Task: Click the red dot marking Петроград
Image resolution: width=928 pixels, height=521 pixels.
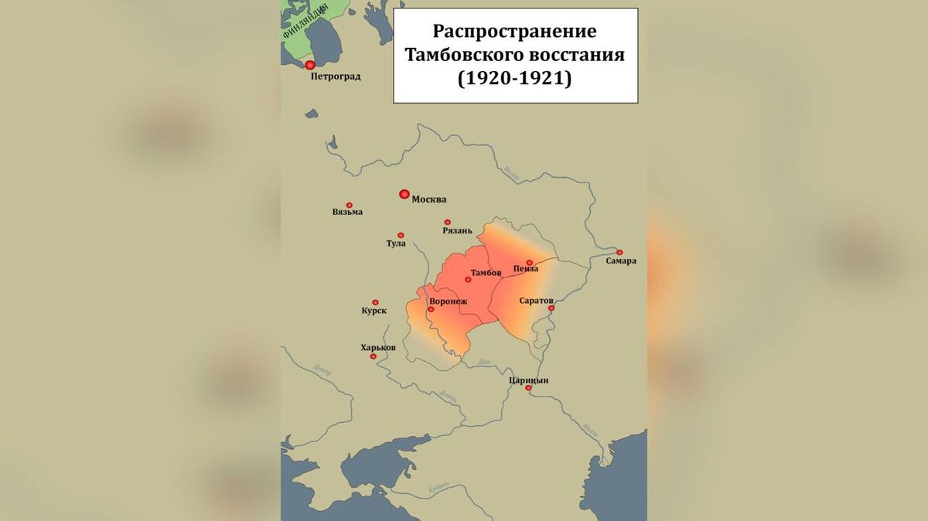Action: [310, 66]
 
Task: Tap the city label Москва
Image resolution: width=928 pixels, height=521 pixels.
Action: [428, 199]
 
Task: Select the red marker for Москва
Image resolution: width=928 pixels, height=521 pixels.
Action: [404, 194]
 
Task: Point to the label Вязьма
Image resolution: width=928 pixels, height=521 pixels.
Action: [347, 213]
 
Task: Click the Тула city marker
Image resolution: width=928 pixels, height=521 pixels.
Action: [401, 235]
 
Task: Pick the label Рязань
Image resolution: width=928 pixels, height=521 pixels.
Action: [457, 231]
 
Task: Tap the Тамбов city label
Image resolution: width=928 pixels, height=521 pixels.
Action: [486, 274]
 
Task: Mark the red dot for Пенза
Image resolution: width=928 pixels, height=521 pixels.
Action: [530, 263]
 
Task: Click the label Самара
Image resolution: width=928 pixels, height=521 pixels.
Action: [621, 261]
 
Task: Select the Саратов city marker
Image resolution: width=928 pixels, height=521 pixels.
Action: [552, 308]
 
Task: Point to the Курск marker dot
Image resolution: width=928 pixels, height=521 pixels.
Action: [375, 302]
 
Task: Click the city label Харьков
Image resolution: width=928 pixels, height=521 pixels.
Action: [378, 348]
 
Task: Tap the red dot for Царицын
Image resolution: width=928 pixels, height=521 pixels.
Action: [529, 389]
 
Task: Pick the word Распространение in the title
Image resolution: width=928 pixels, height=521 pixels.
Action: [515, 32]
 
